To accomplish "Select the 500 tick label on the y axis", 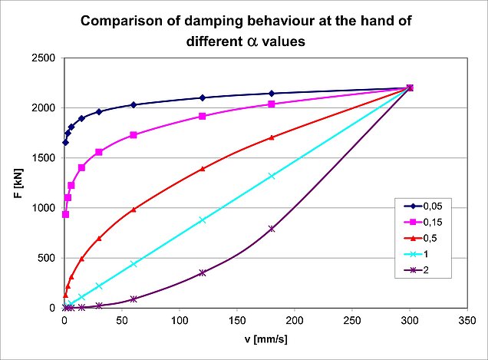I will (x=48, y=258).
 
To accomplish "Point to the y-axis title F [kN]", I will (x=17, y=183).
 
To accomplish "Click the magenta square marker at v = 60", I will (x=134, y=135).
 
